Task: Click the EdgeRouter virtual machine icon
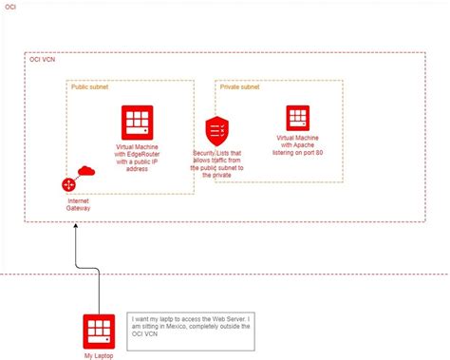point(138,123)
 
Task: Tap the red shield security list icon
point(216,130)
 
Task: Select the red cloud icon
point(86,171)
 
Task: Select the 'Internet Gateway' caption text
point(78,206)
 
